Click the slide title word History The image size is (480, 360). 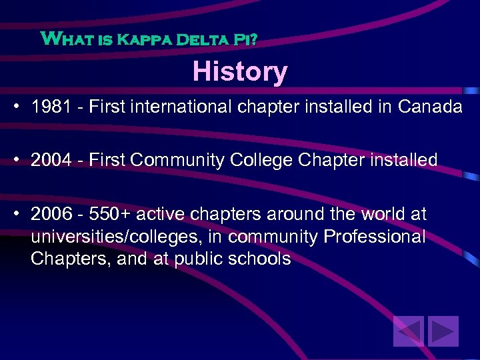240,71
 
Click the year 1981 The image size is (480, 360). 51,107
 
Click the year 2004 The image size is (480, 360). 51,160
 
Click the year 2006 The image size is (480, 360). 51,215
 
